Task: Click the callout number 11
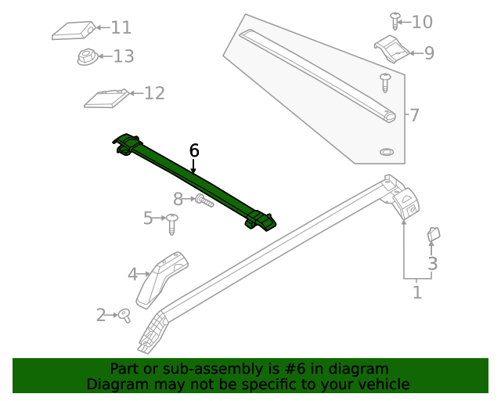point(121,28)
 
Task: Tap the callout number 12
point(154,93)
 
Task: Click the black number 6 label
point(194,150)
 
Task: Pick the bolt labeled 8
point(202,200)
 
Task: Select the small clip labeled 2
point(124,315)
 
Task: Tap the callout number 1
point(417,293)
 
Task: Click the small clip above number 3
point(434,234)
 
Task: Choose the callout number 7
point(415,116)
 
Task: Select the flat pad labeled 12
point(106,98)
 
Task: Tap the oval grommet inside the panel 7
point(387,151)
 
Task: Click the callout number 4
point(133,274)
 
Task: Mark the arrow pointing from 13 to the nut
point(104,56)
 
